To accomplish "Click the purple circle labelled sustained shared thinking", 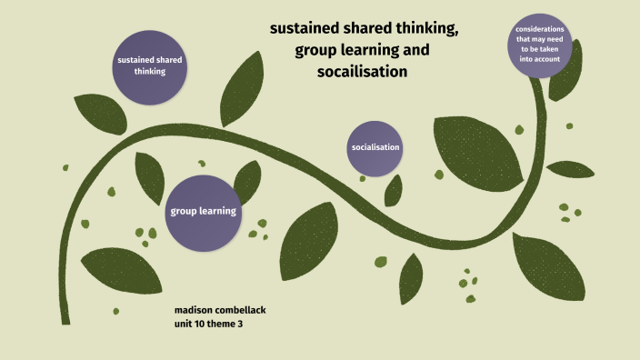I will (150, 65).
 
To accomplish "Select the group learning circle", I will (203, 212).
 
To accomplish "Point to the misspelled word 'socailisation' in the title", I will (361, 71).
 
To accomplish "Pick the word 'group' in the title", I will (316, 50).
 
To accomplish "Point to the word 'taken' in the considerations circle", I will (556, 50).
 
